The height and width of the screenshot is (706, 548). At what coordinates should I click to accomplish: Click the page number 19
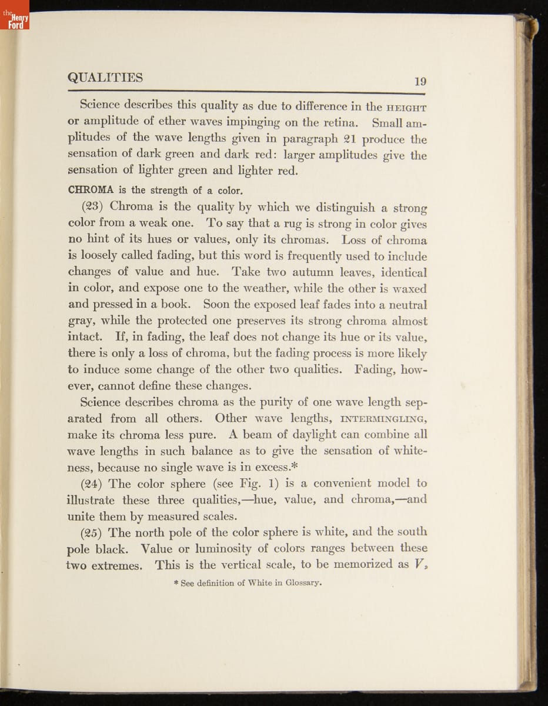coord(420,82)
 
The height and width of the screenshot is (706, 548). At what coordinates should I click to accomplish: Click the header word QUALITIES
coord(105,78)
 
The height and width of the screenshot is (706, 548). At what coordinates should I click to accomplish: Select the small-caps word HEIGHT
coord(406,108)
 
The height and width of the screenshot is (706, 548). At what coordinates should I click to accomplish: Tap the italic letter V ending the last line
coord(418,564)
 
